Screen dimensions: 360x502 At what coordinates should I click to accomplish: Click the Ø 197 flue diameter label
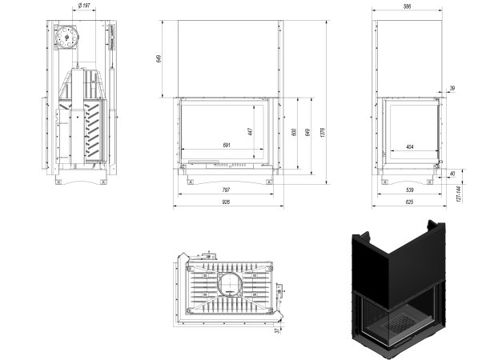click(84, 6)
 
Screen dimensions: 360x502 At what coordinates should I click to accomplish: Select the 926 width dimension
click(226, 202)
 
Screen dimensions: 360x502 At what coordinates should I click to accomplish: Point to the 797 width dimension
click(226, 190)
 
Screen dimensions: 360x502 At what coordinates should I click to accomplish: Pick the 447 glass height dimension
click(250, 131)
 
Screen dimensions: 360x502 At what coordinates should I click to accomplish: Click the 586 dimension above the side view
click(407, 6)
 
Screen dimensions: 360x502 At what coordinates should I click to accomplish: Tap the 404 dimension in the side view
click(409, 146)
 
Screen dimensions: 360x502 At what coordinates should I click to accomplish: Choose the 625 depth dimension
click(409, 202)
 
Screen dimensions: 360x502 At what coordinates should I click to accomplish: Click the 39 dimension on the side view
click(452, 88)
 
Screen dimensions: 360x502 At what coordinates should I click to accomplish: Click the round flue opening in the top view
click(228, 283)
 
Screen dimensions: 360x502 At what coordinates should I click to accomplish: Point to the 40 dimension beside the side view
click(452, 174)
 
